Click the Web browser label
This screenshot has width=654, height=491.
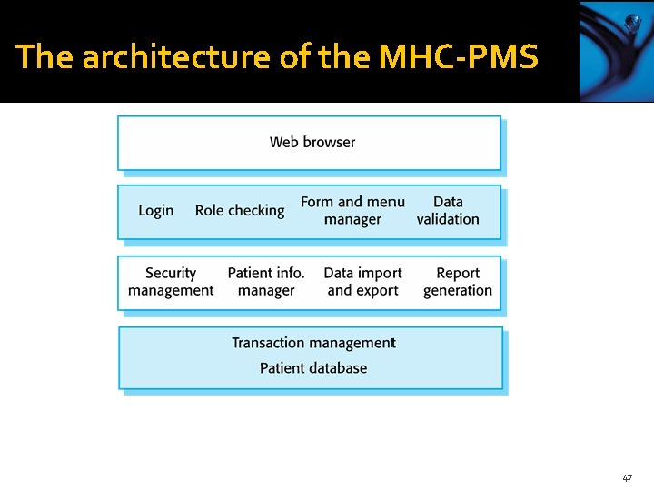pos(312,142)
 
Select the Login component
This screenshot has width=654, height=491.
pos(155,210)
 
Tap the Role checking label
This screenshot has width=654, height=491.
pos(240,210)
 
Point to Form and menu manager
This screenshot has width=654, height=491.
pos(352,210)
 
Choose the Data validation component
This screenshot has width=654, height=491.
pos(448,210)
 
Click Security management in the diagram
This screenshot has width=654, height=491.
pos(171,282)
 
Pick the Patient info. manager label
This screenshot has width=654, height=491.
pos(266,282)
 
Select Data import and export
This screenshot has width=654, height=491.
pos(362,282)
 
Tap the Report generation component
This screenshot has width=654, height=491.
pos(458,282)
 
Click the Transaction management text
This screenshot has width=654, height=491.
pos(313,343)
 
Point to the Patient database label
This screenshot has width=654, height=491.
pos(313,368)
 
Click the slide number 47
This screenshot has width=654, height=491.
pos(627,477)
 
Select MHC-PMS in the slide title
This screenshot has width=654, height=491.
pos(458,57)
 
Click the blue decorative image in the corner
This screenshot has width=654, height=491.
pos(616,51)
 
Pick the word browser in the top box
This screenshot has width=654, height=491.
pos(331,142)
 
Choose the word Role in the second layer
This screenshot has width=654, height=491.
pos(209,210)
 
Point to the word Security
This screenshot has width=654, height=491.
pos(171,273)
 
